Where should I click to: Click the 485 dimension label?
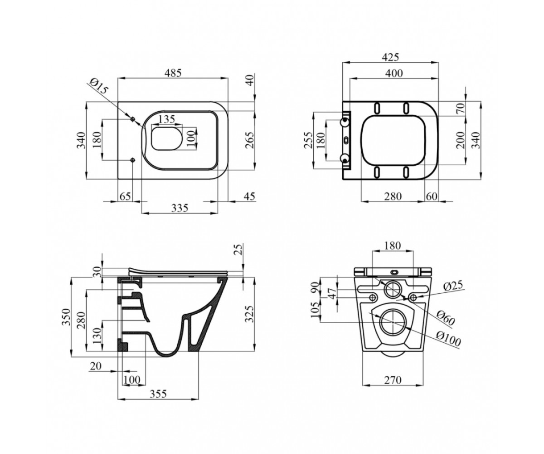(173, 73)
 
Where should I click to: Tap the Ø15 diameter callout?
(98, 86)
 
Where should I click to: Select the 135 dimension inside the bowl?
(166, 119)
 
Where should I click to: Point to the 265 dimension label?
(250, 140)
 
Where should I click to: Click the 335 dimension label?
(180, 208)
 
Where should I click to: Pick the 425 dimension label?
(390, 57)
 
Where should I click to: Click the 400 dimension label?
(394, 73)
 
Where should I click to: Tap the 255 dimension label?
(308, 140)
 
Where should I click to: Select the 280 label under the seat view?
(393, 196)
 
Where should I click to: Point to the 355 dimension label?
(158, 394)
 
